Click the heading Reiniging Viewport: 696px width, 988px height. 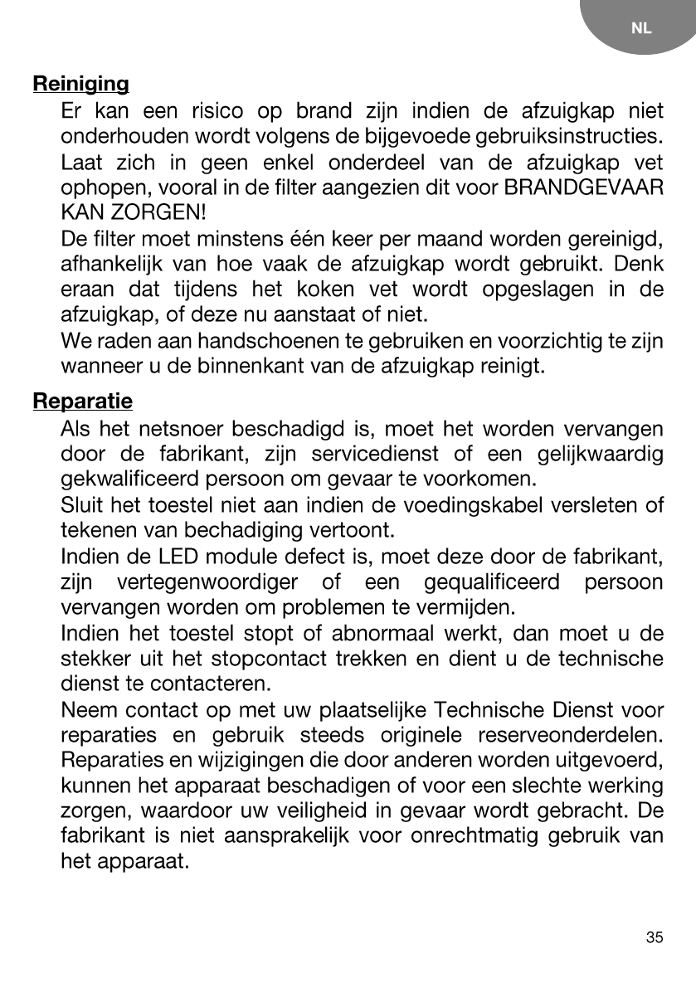(80, 85)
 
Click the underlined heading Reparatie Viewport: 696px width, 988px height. (82, 402)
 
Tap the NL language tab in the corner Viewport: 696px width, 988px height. (641, 28)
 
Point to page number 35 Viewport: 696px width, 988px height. (655, 937)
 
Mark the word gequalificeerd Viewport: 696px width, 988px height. (492, 580)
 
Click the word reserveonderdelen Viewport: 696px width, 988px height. (571, 735)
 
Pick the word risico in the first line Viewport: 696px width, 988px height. (217, 111)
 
